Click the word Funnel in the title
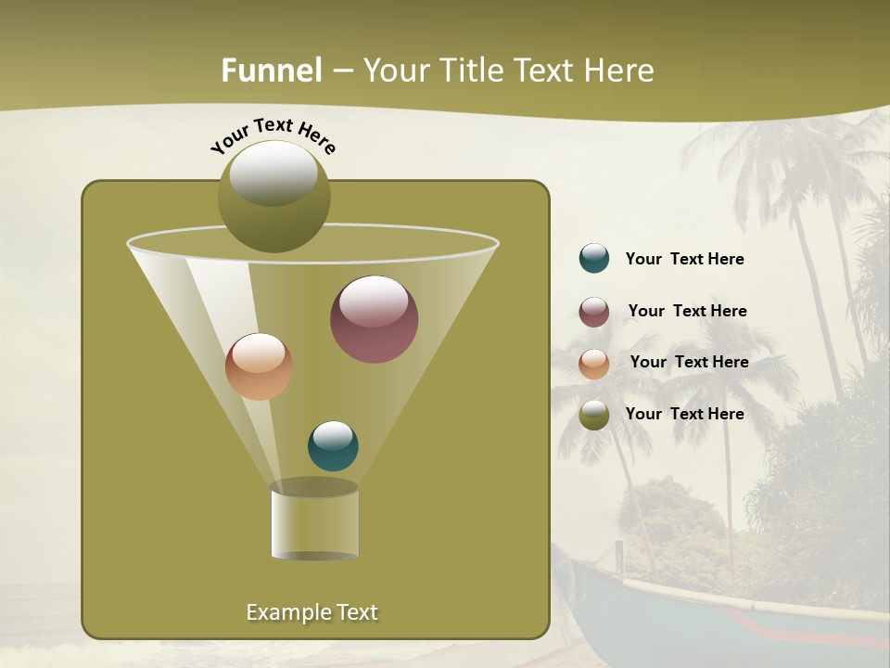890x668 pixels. coord(271,71)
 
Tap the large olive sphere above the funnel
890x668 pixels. coord(274,196)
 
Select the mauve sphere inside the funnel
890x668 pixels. coord(374,318)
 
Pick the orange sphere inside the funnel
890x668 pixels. coord(259,366)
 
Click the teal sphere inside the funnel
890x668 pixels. coord(333,446)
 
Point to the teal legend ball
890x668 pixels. coord(594,259)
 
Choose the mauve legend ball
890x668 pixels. coord(594,312)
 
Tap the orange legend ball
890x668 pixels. coord(594,364)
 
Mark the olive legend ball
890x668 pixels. coord(594,415)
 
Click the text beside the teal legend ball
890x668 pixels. coord(684,260)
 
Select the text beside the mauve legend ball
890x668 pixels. coord(687,312)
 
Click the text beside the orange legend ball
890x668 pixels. coord(689,363)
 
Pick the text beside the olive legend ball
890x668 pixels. coord(684,414)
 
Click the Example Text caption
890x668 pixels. coord(311,612)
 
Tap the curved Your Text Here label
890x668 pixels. coord(273,135)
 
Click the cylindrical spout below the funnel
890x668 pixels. coord(314,522)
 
